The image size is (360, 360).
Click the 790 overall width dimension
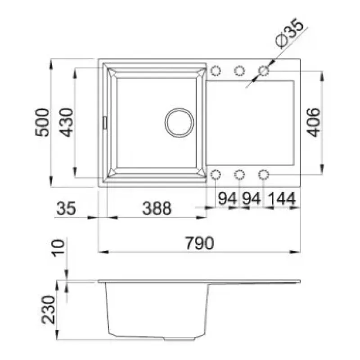tap(199, 243)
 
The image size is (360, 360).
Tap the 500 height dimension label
tap(42, 122)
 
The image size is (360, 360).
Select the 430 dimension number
tap(66, 122)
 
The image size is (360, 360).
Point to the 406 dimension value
tap(313, 122)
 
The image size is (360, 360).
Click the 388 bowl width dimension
tap(157, 208)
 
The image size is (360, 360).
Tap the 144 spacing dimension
tap(281, 198)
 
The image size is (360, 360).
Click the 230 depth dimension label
tap(49, 309)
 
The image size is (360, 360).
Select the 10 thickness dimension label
tap(58, 248)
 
